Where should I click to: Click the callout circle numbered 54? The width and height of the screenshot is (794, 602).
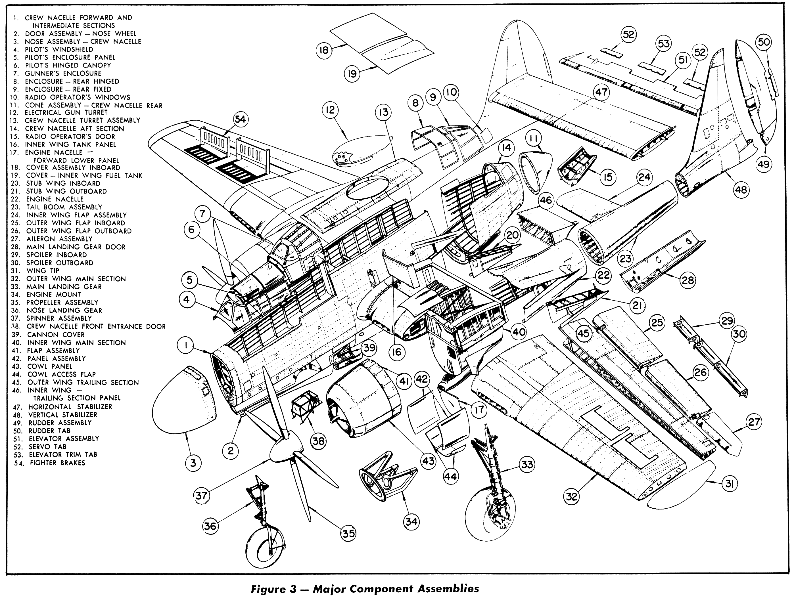point(240,119)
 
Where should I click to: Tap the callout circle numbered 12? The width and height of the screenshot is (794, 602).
point(330,110)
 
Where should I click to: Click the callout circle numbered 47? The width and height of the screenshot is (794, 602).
point(601,92)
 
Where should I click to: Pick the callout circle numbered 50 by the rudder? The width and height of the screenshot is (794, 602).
point(764,42)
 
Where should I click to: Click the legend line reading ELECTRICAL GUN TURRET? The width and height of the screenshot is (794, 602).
point(66,113)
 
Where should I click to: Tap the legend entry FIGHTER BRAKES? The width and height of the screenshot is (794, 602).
point(57,463)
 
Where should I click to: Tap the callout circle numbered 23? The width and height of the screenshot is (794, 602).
point(626,259)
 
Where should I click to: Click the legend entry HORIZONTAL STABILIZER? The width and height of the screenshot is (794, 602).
point(70,407)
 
